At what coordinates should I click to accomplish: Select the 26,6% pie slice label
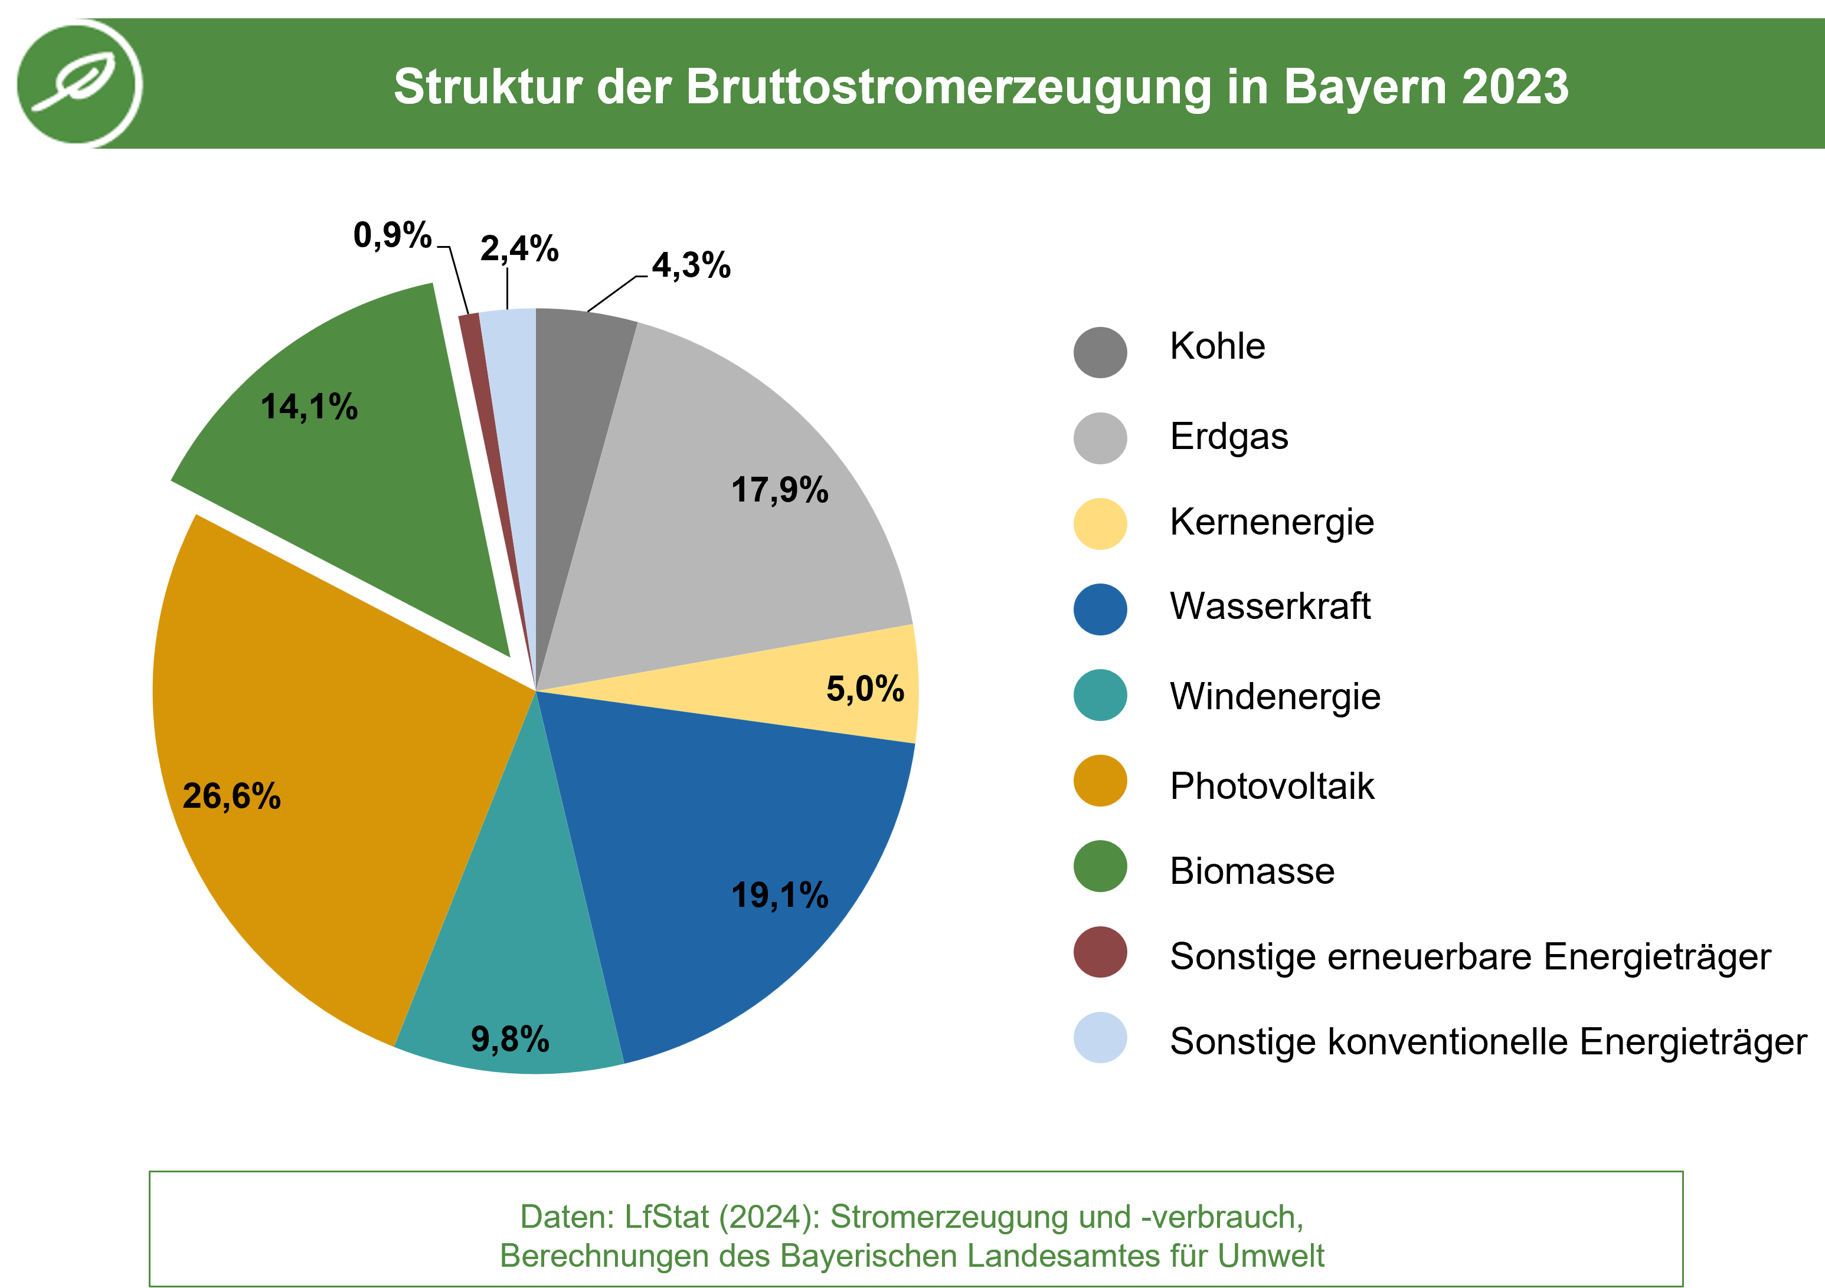(x=231, y=795)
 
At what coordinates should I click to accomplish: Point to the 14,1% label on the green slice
(x=309, y=407)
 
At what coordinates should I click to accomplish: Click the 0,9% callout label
(x=392, y=235)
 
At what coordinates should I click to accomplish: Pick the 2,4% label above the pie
(x=519, y=249)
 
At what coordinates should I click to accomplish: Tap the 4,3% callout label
(x=691, y=266)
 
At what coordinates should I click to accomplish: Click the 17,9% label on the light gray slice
(x=780, y=490)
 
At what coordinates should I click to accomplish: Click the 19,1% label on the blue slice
(x=780, y=896)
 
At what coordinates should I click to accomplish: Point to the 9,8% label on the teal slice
(x=509, y=1039)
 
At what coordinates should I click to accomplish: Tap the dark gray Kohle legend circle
(x=1100, y=352)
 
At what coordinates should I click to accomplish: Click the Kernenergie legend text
(x=1272, y=522)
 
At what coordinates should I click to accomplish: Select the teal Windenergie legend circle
(x=1100, y=695)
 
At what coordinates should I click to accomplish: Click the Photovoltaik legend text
(x=1272, y=786)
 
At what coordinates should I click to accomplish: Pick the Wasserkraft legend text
(x=1270, y=607)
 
